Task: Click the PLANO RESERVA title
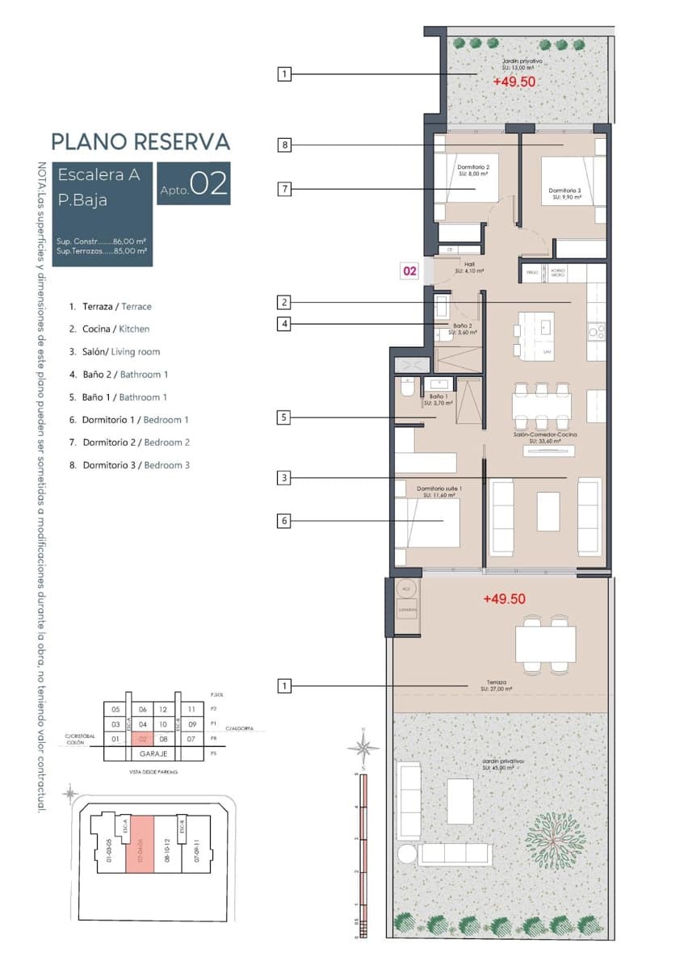pyautogui.click(x=141, y=141)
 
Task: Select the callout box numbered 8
pyautogui.click(x=284, y=145)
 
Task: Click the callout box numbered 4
pyautogui.click(x=284, y=325)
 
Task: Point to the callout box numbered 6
pyautogui.click(x=284, y=522)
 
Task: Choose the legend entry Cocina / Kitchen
pyautogui.click(x=115, y=329)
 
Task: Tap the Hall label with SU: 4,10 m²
pyautogui.click(x=468, y=267)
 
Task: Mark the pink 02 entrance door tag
pyautogui.click(x=409, y=271)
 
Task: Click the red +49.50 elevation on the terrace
pyautogui.click(x=504, y=599)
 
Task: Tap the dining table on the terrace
pyautogui.click(x=546, y=644)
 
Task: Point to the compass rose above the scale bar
pyautogui.click(x=363, y=747)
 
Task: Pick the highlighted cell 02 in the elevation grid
pyautogui.click(x=142, y=738)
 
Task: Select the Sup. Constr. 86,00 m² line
pyautogui.click(x=101, y=241)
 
